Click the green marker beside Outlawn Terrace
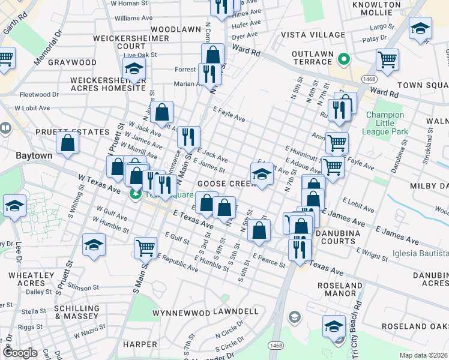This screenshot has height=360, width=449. (344, 59)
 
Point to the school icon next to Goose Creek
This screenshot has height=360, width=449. (261, 175)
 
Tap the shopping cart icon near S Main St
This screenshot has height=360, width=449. (146, 247)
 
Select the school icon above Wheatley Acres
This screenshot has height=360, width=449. (94, 245)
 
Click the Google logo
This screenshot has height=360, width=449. (20, 353)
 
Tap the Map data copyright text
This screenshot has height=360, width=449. (424, 355)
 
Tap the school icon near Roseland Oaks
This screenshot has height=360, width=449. (334, 326)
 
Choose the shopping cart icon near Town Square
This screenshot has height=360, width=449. (388, 59)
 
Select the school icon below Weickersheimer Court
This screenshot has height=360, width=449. (136, 70)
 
